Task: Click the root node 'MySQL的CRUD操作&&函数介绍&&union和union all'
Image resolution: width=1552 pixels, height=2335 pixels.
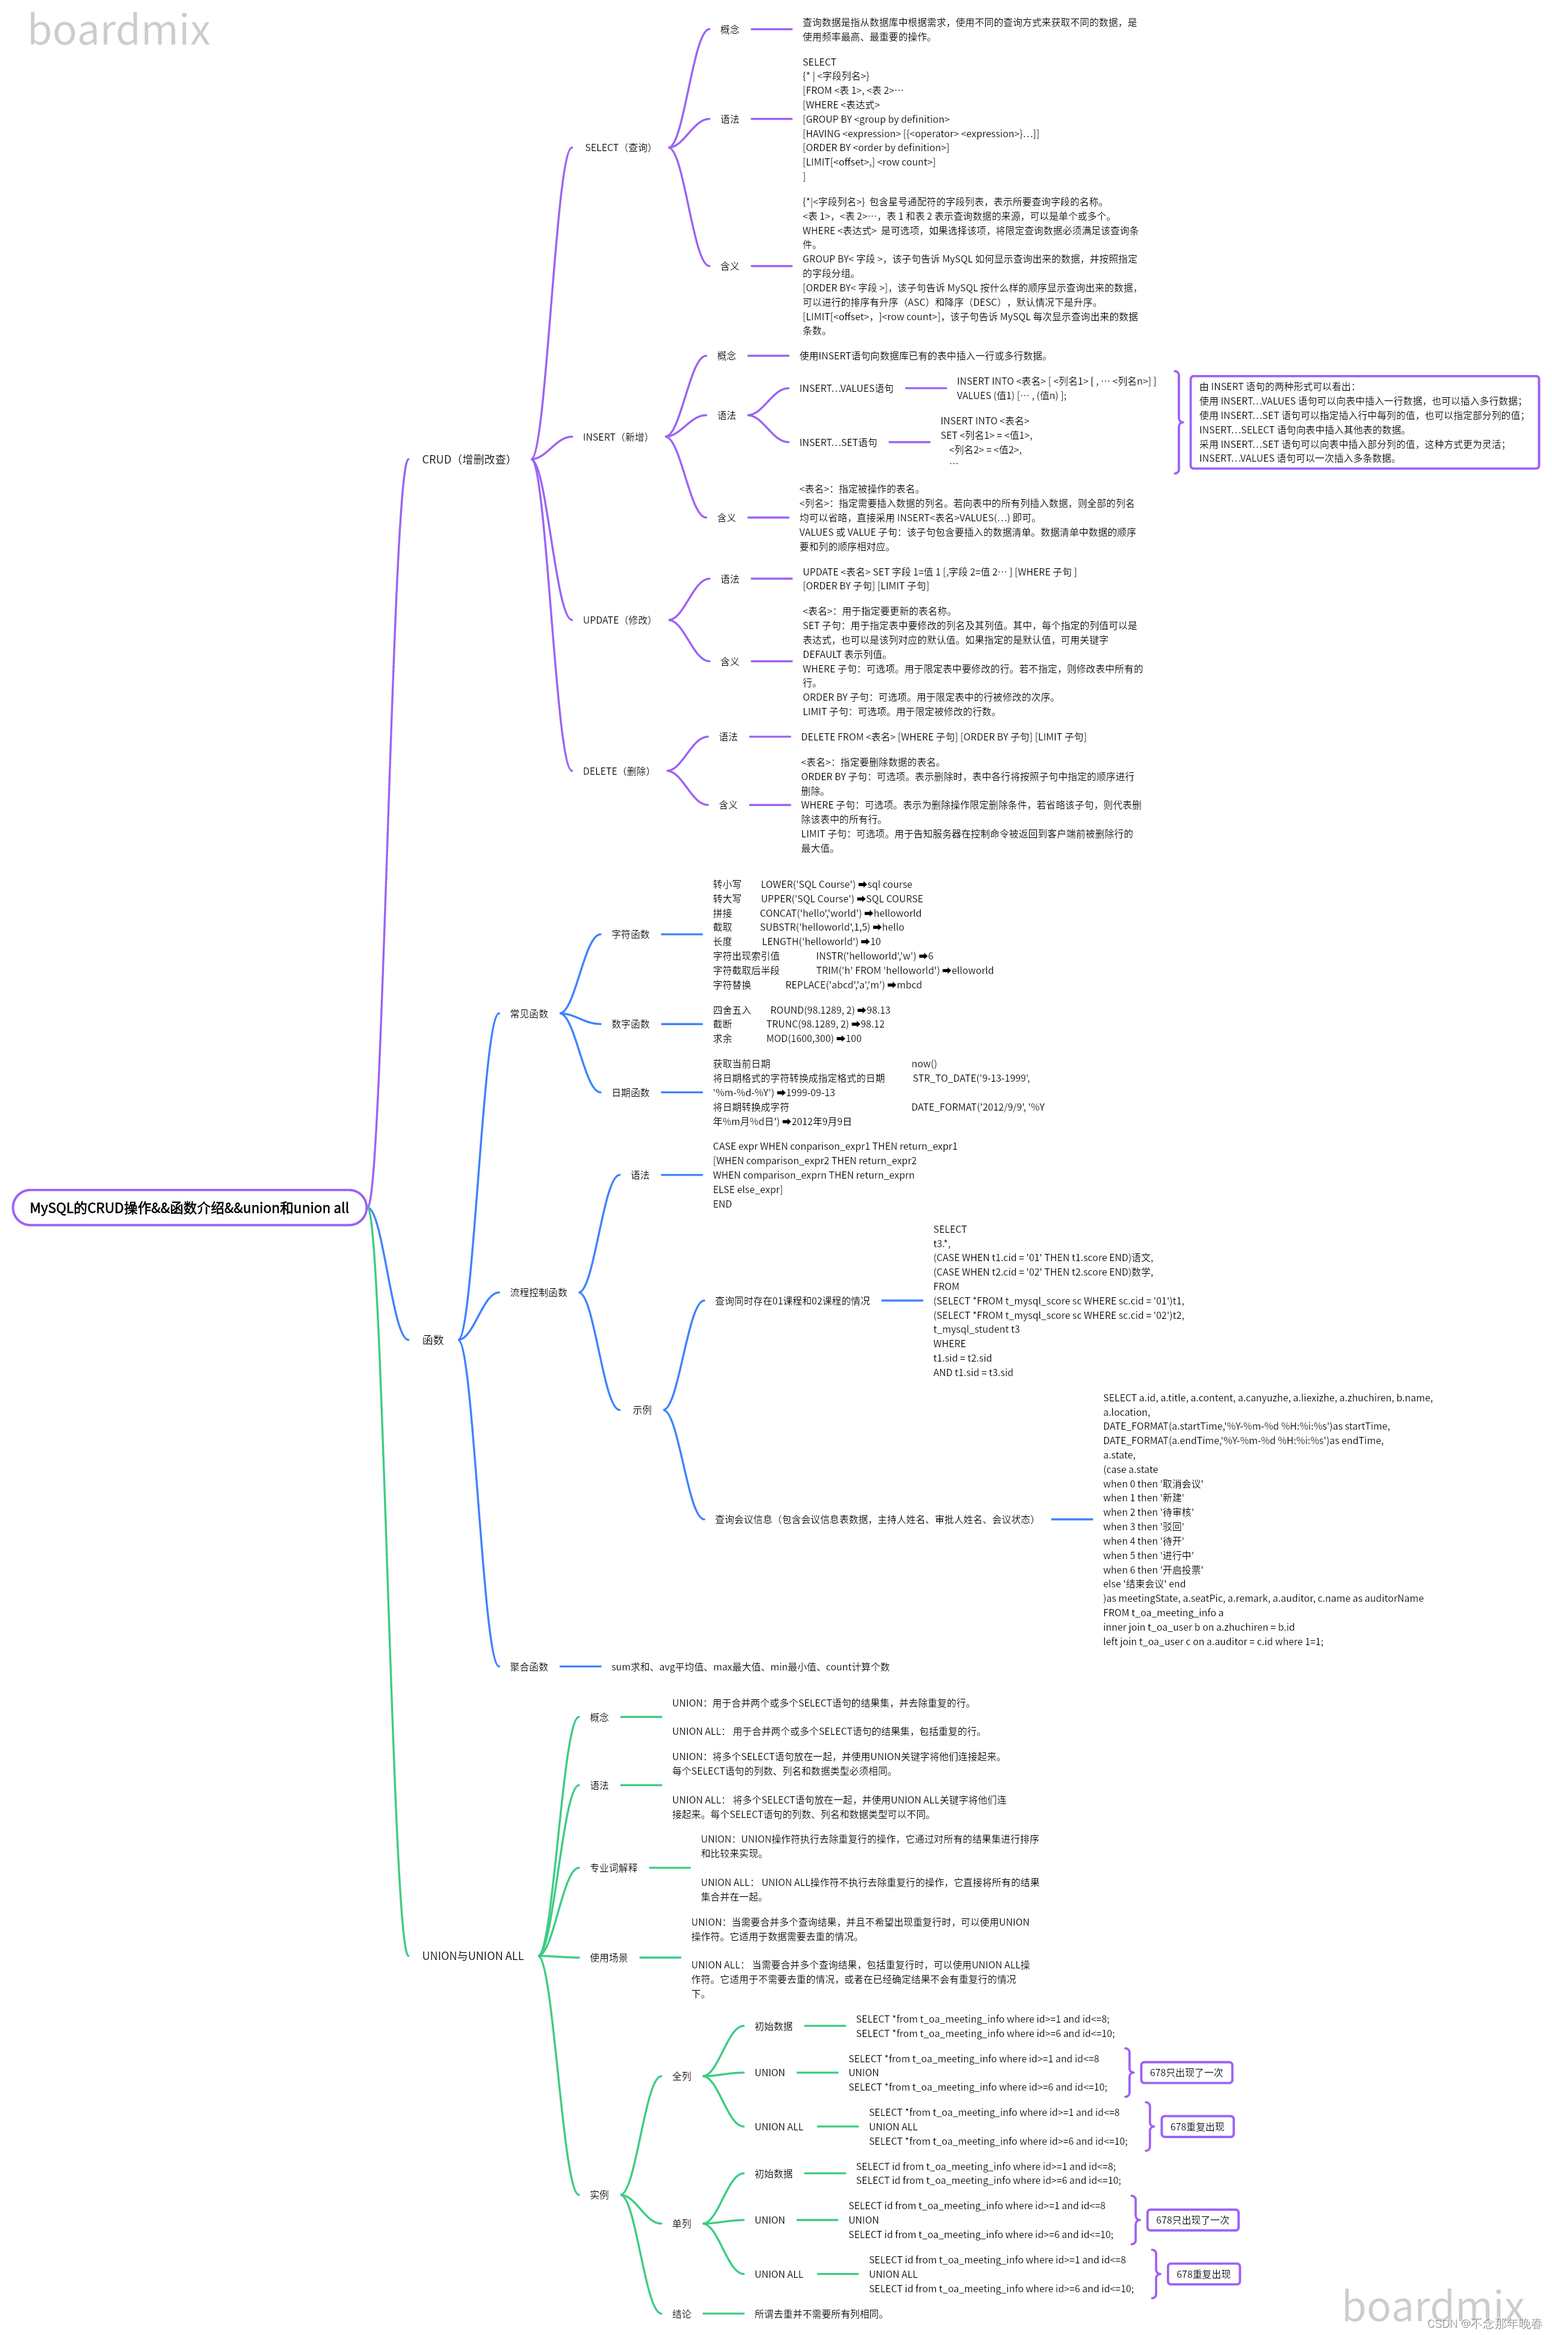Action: (189, 1208)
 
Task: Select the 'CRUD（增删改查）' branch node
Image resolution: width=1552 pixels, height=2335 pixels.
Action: (465, 459)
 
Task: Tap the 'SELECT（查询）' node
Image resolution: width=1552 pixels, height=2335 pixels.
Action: (617, 147)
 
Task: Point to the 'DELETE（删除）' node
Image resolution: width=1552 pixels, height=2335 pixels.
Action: (616, 771)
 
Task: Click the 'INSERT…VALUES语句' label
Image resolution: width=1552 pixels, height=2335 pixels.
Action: (846, 388)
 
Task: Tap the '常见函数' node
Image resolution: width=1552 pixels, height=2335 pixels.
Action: (528, 1014)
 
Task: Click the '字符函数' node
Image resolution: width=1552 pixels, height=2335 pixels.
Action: (631, 934)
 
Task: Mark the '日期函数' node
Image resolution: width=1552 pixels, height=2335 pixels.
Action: (631, 1093)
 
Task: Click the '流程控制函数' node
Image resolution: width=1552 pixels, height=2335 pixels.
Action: (539, 1293)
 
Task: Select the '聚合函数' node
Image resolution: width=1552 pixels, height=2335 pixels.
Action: (528, 1667)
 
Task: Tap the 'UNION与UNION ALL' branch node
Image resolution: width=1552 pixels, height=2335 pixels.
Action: (472, 1956)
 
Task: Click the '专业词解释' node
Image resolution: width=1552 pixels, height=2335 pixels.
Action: (614, 1868)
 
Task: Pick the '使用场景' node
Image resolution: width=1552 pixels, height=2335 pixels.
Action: (609, 1958)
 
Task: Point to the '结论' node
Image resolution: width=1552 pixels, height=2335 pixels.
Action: (682, 2314)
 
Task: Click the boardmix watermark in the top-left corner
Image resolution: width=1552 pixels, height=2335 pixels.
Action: (119, 29)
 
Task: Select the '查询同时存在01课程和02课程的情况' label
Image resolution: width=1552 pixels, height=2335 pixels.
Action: (792, 1301)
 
